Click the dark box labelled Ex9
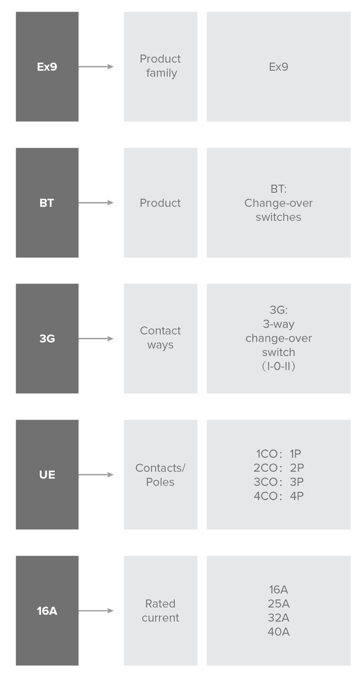[x=47, y=67]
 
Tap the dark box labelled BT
[x=47, y=203]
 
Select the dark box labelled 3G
[x=47, y=338]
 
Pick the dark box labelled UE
[x=47, y=475]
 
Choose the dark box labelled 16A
[x=47, y=611]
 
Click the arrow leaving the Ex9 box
[x=96, y=67]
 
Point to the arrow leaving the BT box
[x=96, y=203]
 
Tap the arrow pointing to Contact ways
[x=96, y=338]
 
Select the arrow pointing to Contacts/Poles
[x=96, y=475]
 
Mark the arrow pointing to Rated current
[x=96, y=611]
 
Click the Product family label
[x=160, y=66]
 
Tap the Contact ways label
[x=160, y=338]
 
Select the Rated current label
[x=160, y=610]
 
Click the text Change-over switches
[x=278, y=210]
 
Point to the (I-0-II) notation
[x=278, y=366]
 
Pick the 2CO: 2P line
[x=278, y=467]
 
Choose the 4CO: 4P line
[x=278, y=496]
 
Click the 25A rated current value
[x=278, y=604]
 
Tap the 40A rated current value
[x=278, y=632]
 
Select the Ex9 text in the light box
[x=278, y=67]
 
